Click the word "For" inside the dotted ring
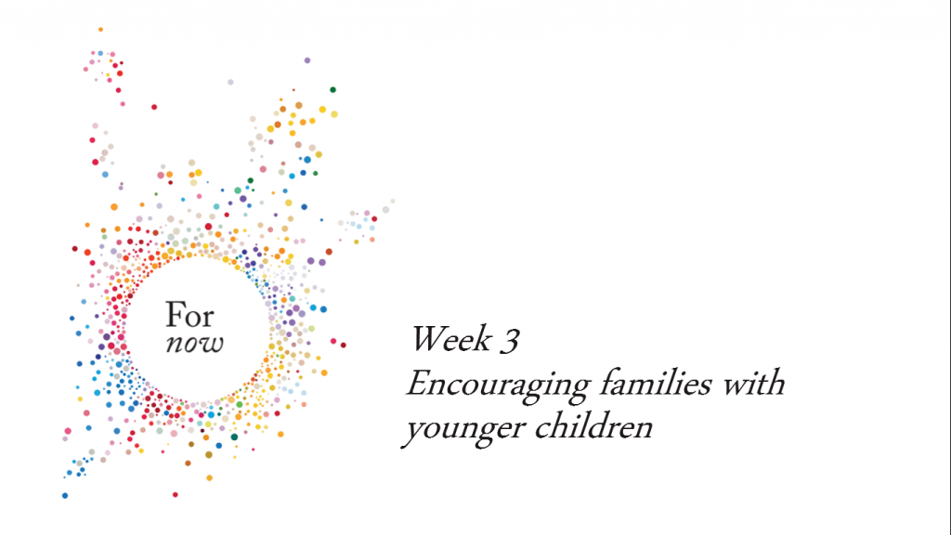coord(189,316)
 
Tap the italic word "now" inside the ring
coord(195,344)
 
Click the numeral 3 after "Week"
coord(510,340)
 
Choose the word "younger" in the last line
coord(464,429)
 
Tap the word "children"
coord(593,426)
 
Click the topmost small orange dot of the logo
coord(100,29)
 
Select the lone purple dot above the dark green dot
coord(307,60)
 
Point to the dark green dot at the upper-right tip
coord(333,90)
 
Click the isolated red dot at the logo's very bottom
coord(176,495)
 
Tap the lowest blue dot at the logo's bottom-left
coord(65,496)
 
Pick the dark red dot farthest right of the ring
coord(344,346)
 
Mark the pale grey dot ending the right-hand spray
coord(393,202)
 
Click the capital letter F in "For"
coord(175,316)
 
